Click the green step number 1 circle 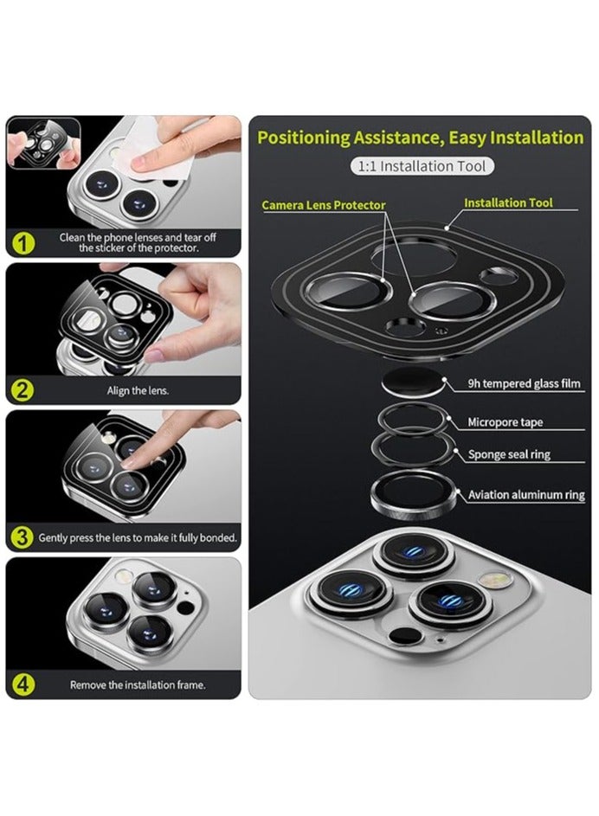(x=23, y=243)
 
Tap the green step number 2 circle (x=23, y=389)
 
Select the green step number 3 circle (x=23, y=537)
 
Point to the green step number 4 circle (x=23, y=684)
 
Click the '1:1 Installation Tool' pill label (x=422, y=166)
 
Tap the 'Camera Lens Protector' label (x=323, y=205)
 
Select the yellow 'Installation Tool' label (x=508, y=202)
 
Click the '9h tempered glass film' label (x=524, y=383)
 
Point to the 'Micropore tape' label (x=505, y=422)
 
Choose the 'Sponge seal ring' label (x=509, y=454)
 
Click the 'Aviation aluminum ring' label (x=526, y=494)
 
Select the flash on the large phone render (x=495, y=580)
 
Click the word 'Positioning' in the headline (x=304, y=138)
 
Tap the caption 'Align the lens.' (x=138, y=390)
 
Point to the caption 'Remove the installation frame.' (x=138, y=684)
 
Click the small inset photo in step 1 (x=44, y=143)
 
